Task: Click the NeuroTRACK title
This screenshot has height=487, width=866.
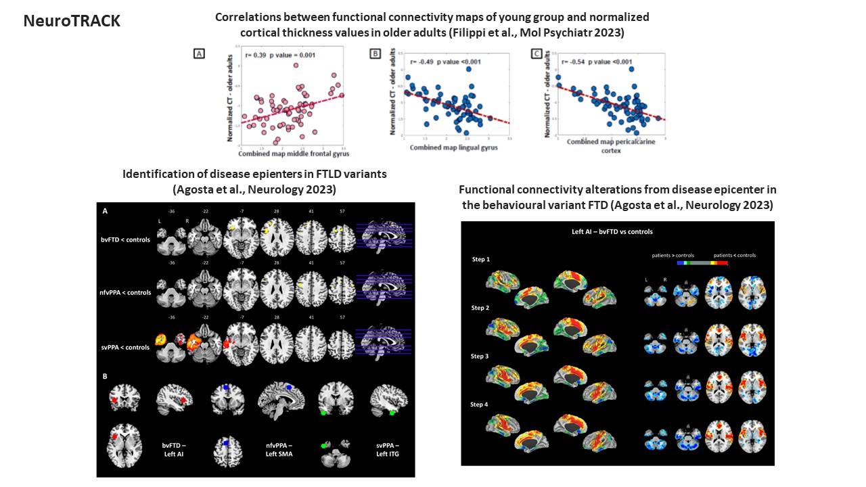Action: pyautogui.click(x=72, y=21)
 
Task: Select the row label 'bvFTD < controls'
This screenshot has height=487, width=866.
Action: pyautogui.click(x=124, y=239)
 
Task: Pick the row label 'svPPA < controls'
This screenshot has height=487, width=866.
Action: pyautogui.click(x=124, y=348)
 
